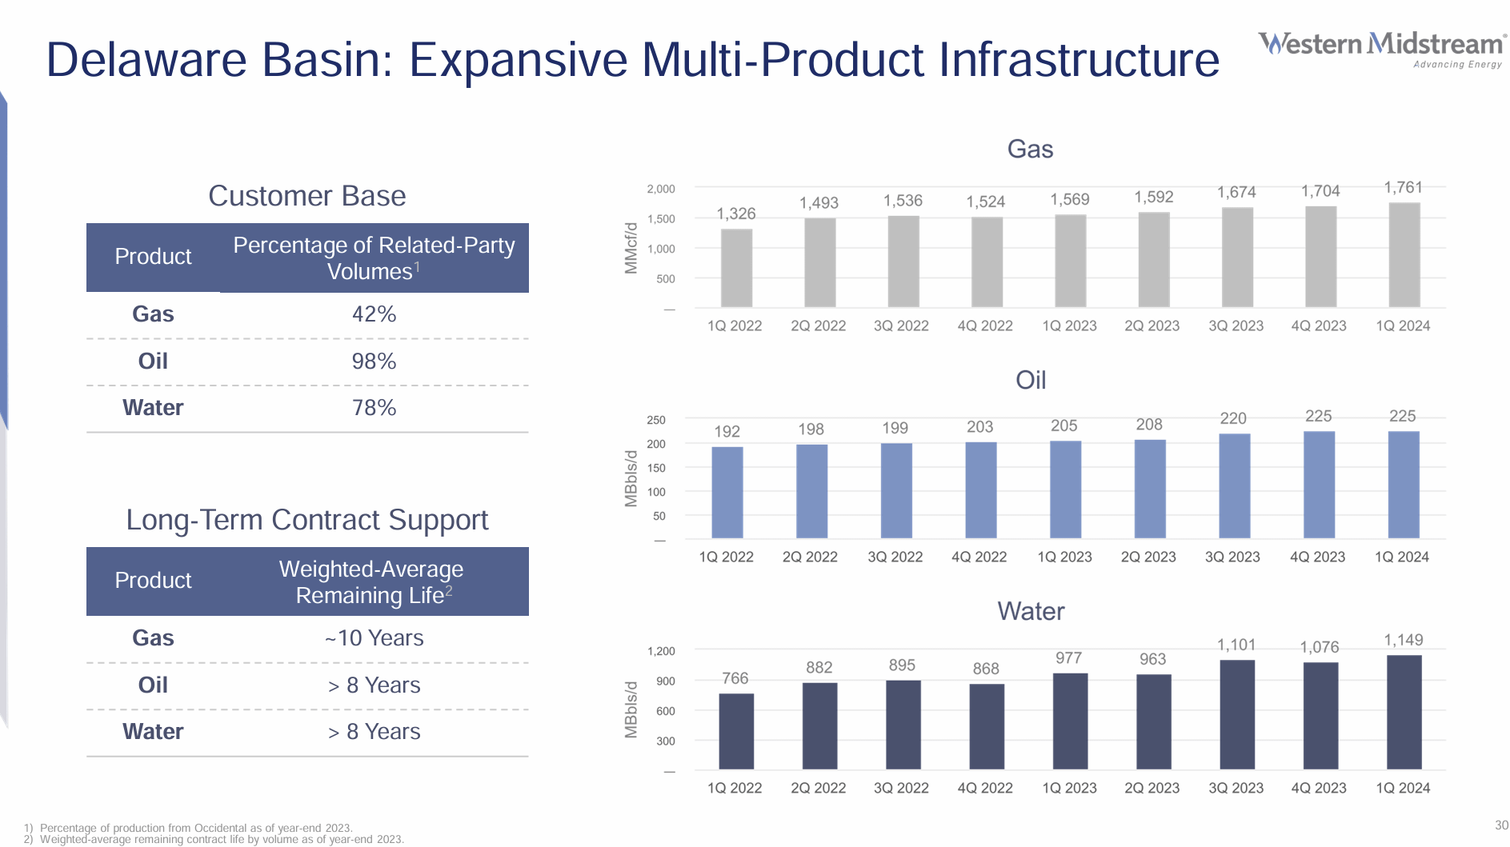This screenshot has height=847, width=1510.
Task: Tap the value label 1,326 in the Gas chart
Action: click(x=735, y=214)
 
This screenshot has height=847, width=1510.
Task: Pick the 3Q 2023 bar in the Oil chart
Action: click(x=1234, y=485)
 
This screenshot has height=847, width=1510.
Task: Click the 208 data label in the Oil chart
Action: click(x=1149, y=425)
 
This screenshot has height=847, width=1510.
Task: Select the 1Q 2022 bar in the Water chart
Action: click(x=735, y=731)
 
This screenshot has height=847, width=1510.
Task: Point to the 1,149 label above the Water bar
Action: click(x=1404, y=640)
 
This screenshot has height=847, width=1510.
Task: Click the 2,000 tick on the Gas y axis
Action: click(x=661, y=190)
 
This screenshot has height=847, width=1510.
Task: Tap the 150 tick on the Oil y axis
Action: click(x=656, y=468)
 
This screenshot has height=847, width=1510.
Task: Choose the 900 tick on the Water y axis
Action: click(x=666, y=681)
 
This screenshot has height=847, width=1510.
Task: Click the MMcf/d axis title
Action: click(x=631, y=248)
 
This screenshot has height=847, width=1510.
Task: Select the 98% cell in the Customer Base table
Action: click(x=374, y=362)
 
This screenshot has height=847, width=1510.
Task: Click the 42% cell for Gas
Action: click(x=374, y=314)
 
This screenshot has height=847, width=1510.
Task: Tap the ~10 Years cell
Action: click(x=374, y=638)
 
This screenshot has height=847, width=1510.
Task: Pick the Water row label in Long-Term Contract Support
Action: click(x=153, y=732)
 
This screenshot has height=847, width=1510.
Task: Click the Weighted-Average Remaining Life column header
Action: click(x=372, y=581)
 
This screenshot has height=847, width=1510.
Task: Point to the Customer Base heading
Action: click(x=307, y=196)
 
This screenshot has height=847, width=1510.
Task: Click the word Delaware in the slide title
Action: click(x=146, y=60)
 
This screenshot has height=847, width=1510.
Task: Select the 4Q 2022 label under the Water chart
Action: click(x=985, y=788)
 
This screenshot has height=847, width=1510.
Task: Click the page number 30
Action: click(x=1501, y=825)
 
